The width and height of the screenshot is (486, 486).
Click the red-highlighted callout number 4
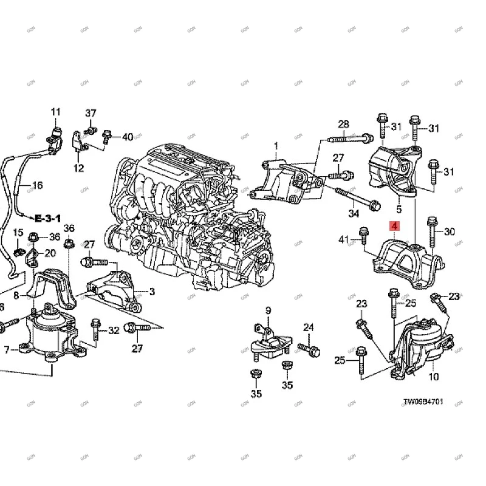click(394, 227)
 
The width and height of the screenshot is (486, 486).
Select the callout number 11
click(56, 112)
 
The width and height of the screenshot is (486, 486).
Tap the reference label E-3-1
click(47, 217)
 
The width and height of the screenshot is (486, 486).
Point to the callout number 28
click(343, 125)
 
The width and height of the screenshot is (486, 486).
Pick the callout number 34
click(354, 213)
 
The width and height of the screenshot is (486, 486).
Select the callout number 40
click(127, 137)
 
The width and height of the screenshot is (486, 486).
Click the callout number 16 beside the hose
click(37, 185)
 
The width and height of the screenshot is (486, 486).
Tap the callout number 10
click(433, 377)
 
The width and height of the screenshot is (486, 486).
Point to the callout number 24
click(309, 328)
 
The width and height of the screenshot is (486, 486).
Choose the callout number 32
click(114, 330)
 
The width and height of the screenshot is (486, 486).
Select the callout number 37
click(91, 114)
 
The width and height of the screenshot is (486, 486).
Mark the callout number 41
click(343, 239)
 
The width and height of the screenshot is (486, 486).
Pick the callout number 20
click(50, 253)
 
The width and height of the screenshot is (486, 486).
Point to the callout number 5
click(399, 210)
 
